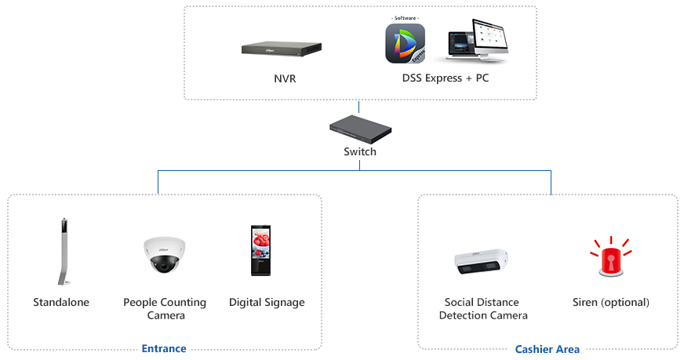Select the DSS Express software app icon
point(405,43)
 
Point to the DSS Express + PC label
point(445,78)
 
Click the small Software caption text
point(406,17)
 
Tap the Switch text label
point(360,151)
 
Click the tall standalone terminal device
point(60,251)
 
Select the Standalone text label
point(61,302)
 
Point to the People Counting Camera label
point(165,308)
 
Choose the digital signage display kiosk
point(261,250)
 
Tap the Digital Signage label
point(267,302)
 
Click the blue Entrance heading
point(164,348)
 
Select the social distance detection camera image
point(483,263)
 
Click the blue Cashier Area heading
point(548,349)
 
